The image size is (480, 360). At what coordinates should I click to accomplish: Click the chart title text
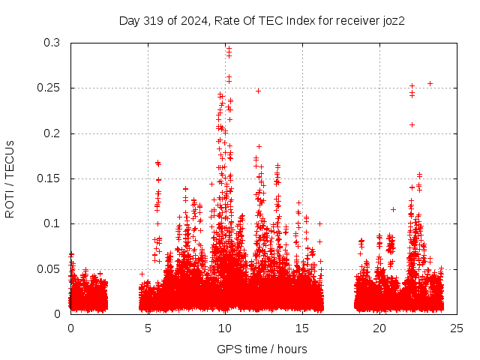(x=262, y=20)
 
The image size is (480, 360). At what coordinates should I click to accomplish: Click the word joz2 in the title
(x=392, y=20)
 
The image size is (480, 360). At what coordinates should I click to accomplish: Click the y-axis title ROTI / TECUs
(x=10, y=178)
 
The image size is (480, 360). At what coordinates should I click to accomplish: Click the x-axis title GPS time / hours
(x=262, y=349)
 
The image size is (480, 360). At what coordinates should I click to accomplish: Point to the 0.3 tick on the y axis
(x=52, y=43)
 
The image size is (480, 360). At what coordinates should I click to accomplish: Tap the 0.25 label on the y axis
(x=49, y=88)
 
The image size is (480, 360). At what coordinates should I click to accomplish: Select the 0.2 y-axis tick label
(x=52, y=133)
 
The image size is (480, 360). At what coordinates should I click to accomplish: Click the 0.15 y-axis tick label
(x=49, y=178)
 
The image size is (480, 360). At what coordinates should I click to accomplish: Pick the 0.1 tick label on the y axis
(x=52, y=223)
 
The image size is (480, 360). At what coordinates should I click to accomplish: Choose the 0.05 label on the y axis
(x=49, y=268)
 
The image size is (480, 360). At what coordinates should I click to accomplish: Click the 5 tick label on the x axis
(x=148, y=328)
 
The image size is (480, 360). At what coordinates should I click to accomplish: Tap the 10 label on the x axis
(x=225, y=328)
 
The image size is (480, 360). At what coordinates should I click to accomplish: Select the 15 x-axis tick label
(x=302, y=328)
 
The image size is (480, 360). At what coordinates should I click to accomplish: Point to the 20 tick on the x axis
(x=379, y=328)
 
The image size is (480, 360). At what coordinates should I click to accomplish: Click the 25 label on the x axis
(x=457, y=328)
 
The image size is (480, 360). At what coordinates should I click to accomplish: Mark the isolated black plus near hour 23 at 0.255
(x=430, y=83)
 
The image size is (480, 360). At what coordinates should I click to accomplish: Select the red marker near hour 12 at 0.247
(x=259, y=91)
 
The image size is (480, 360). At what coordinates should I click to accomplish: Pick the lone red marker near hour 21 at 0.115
(x=394, y=209)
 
